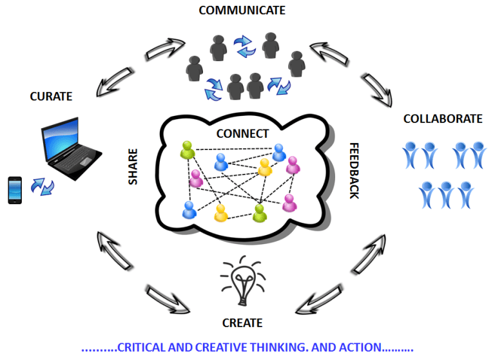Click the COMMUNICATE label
coord(242,10)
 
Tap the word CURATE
coord(51,97)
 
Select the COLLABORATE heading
coord(442,118)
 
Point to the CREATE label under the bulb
coord(242,321)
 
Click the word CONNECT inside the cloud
coord(242,134)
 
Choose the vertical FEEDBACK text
coord(353,171)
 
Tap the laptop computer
coord(70,149)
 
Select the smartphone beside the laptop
coord(15,189)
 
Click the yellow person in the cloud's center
coord(264,167)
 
